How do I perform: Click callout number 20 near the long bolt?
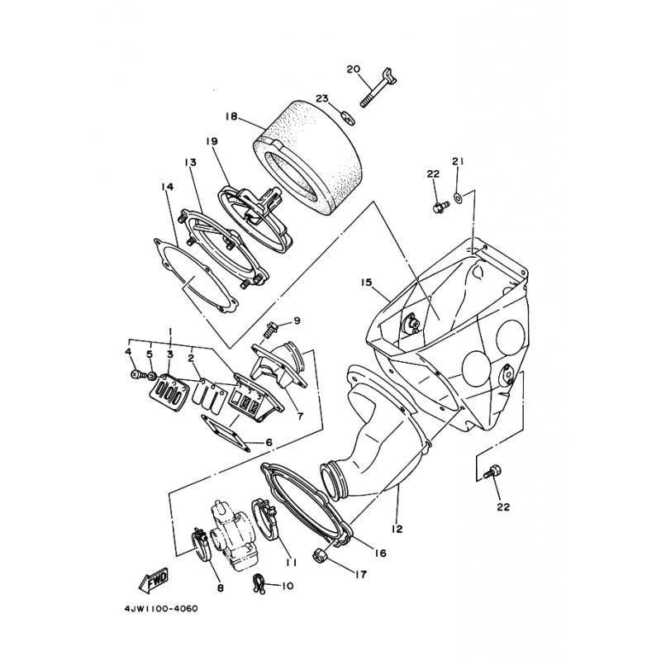(353, 69)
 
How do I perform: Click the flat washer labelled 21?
(457, 198)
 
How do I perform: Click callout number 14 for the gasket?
(168, 188)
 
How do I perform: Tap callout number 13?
(189, 163)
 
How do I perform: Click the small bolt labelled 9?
(270, 328)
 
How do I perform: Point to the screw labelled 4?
(136, 374)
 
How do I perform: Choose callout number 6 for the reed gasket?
(269, 443)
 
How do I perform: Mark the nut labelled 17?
(320, 556)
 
